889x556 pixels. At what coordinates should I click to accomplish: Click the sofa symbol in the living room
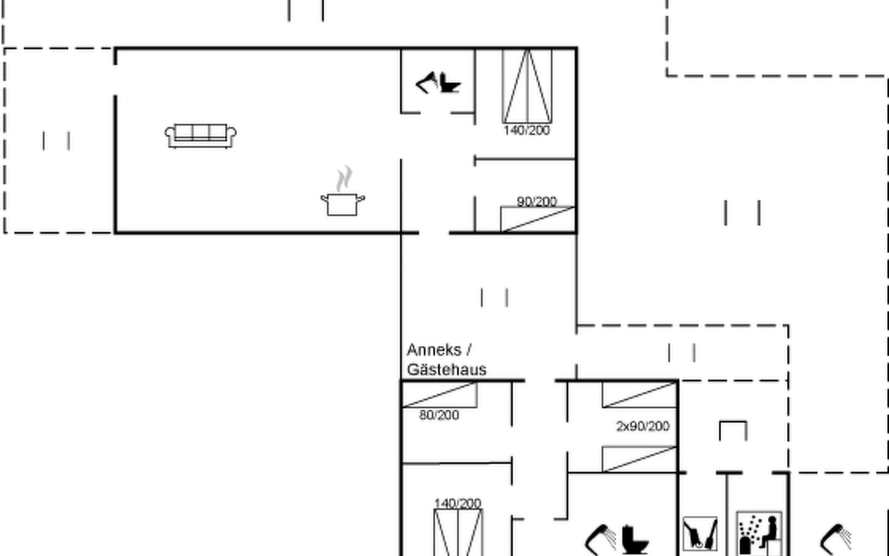pyautogui.click(x=200, y=136)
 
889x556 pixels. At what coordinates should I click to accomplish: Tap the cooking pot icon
pyautogui.click(x=343, y=204)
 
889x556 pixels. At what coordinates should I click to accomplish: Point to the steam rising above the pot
pyautogui.click(x=344, y=178)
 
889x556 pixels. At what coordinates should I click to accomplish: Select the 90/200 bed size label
pyautogui.click(x=537, y=202)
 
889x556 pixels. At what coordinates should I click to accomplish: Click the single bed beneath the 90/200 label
pyautogui.click(x=538, y=219)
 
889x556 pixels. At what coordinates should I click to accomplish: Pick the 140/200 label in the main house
pyautogui.click(x=526, y=130)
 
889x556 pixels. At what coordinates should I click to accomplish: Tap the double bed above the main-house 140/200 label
pyautogui.click(x=527, y=86)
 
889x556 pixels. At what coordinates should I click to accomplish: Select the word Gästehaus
pyautogui.click(x=447, y=370)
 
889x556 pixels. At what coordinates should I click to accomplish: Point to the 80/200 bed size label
pyautogui.click(x=439, y=415)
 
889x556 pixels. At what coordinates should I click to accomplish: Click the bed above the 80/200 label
pyautogui.click(x=440, y=395)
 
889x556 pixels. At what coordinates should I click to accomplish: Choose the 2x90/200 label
pyautogui.click(x=643, y=426)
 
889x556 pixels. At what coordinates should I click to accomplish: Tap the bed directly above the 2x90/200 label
pyautogui.click(x=639, y=395)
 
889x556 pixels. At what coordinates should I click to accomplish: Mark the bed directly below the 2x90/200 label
pyautogui.click(x=639, y=459)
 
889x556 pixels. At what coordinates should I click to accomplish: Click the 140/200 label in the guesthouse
pyautogui.click(x=457, y=503)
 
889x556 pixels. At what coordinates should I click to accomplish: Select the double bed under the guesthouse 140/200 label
pyautogui.click(x=458, y=532)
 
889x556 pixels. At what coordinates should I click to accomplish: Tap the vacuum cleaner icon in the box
pyautogui.click(x=700, y=534)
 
